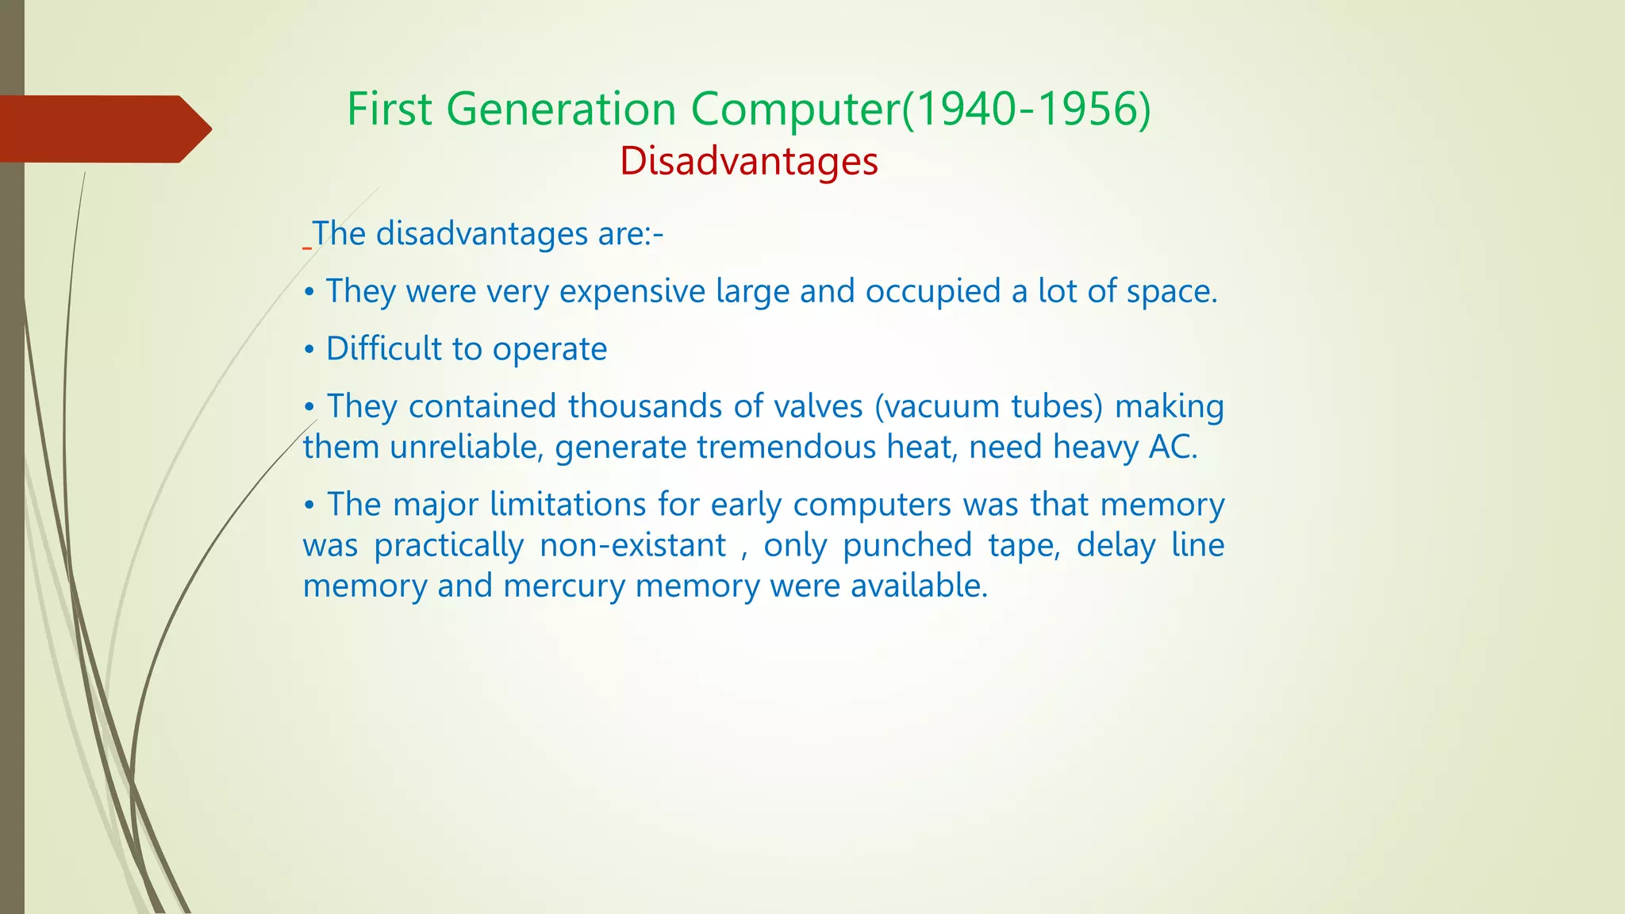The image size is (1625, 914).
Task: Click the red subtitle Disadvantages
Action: [748, 161]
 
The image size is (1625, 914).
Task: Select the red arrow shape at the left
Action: [103, 129]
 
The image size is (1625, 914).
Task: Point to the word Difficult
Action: [383, 348]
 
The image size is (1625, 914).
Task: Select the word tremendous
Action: [786, 447]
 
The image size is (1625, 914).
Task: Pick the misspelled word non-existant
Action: [632, 545]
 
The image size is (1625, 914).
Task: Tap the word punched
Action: [907, 545]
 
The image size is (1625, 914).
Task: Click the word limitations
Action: [567, 505]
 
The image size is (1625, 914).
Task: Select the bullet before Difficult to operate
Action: [309, 350]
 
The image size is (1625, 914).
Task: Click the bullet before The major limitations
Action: [309, 505]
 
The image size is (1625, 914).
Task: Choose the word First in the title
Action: [389, 109]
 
